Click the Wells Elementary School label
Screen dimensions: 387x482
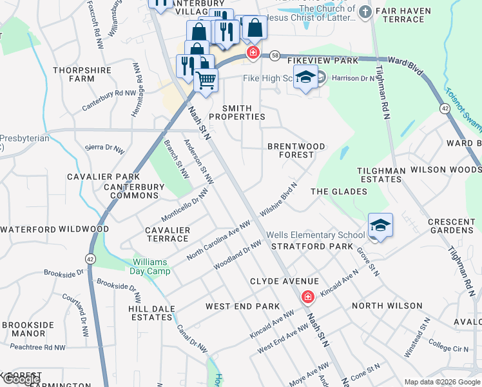[x=316, y=235]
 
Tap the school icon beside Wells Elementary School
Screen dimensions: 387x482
[x=380, y=226]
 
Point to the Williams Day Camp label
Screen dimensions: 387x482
[x=151, y=266]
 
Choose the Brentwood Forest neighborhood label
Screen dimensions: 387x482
[x=296, y=150]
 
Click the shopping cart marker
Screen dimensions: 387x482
[x=206, y=81]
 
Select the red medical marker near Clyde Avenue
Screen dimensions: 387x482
[x=308, y=296]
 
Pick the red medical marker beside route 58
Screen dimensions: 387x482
[x=253, y=53]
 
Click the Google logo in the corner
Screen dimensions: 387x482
[x=21, y=379]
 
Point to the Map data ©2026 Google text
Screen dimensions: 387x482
[x=441, y=382]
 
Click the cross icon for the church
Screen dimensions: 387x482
[x=365, y=11]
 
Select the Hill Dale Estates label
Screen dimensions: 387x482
[x=151, y=313]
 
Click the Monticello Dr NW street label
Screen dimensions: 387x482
[x=186, y=206]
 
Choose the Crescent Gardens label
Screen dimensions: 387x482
[x=451, y=226]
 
